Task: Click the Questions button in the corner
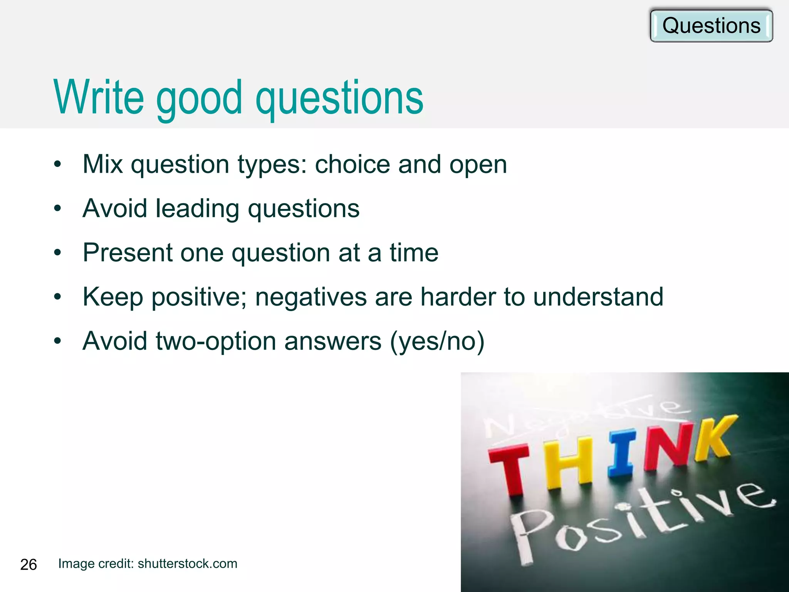[711, 26]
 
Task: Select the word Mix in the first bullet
[102, 164]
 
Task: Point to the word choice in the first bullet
[353, 164]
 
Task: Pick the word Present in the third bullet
[128, 253]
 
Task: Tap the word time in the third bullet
[414, 253]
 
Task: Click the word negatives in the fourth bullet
[311, 297]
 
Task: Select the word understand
[598, 297]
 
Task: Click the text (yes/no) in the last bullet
[437, 341]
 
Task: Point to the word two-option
[216, 341]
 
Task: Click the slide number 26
[28, 565]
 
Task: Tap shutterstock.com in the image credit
[187, 563]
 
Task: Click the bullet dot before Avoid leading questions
[57, 209]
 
